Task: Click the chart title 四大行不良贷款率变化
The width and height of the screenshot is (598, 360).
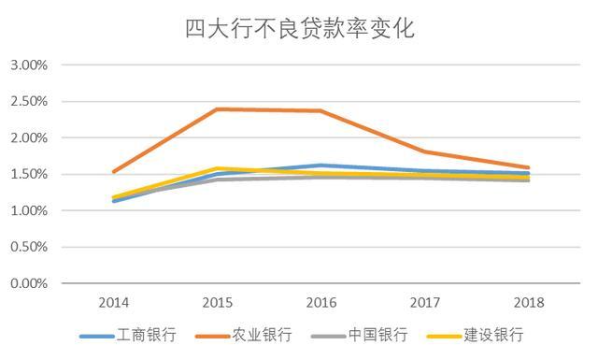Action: [299, 28]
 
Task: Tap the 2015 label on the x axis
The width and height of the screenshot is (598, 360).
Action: [218, 303]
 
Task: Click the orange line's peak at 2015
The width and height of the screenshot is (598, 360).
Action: [218, 109]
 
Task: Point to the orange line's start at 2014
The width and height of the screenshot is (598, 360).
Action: [114, 171]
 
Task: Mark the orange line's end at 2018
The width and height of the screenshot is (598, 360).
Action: [528, 167]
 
